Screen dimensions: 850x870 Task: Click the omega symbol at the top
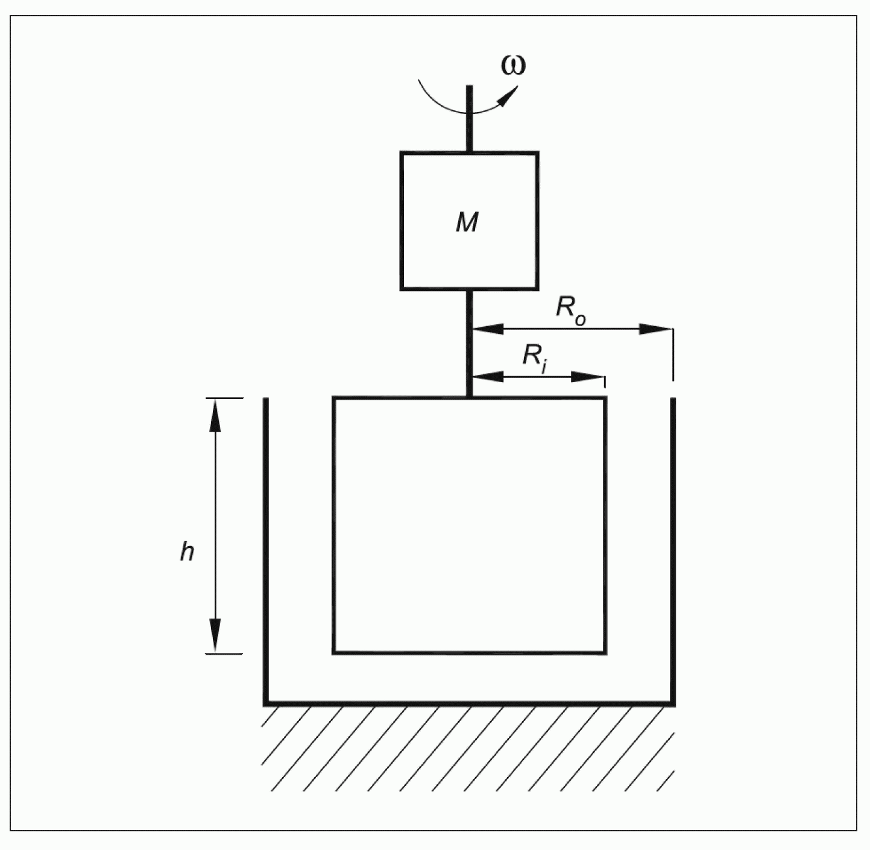[x=513, y=65]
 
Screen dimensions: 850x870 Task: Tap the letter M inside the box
[x=467, y=222]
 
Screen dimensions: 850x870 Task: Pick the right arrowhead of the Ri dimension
[x=588, y=377]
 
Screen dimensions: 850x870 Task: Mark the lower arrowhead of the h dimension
[x=215, y=637]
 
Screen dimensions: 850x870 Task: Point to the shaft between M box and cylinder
[x=469, y=344]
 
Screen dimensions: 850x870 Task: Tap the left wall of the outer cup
[x=265, y=543]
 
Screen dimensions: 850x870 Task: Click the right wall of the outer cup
[x=673, y=543]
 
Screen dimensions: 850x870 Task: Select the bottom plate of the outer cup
[x=469, y=703]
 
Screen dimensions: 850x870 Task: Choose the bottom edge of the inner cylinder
[x=469, y=652]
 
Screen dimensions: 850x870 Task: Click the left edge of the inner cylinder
[x=333, y=524]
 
